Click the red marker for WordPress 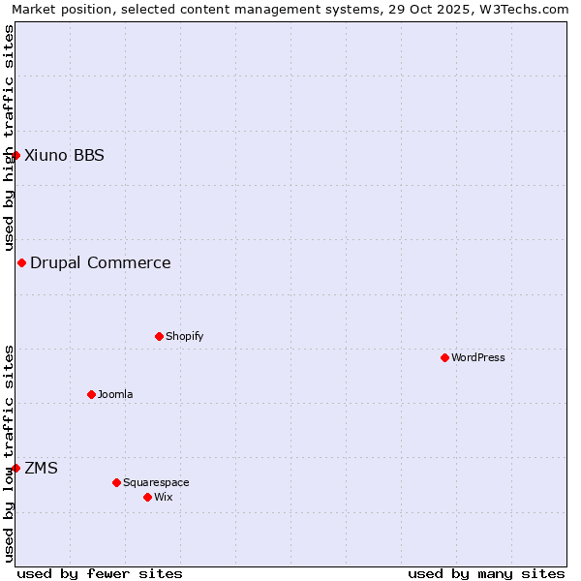(x=444, y=357)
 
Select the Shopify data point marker (x=159, y=336)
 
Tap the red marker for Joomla (x=91, y=394)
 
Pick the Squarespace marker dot (x=116, y=482)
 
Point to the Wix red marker (x=147, y=497)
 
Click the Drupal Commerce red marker (x=21, y=262)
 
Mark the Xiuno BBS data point (x=15, y=155)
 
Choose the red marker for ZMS (x=15, y=468)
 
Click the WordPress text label (x=478, y=357)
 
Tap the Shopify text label (x=184, y=336)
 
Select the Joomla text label (x=115, y=394)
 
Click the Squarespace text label (x=156, y=482)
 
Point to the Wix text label (x=164, y=497)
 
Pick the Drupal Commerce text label (x=101, y=262)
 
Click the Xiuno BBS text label (x=64, y=155)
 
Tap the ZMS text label (x=41, y=468)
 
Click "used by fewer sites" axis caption (x=100, y=573)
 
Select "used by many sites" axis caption (x=486, y=573)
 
